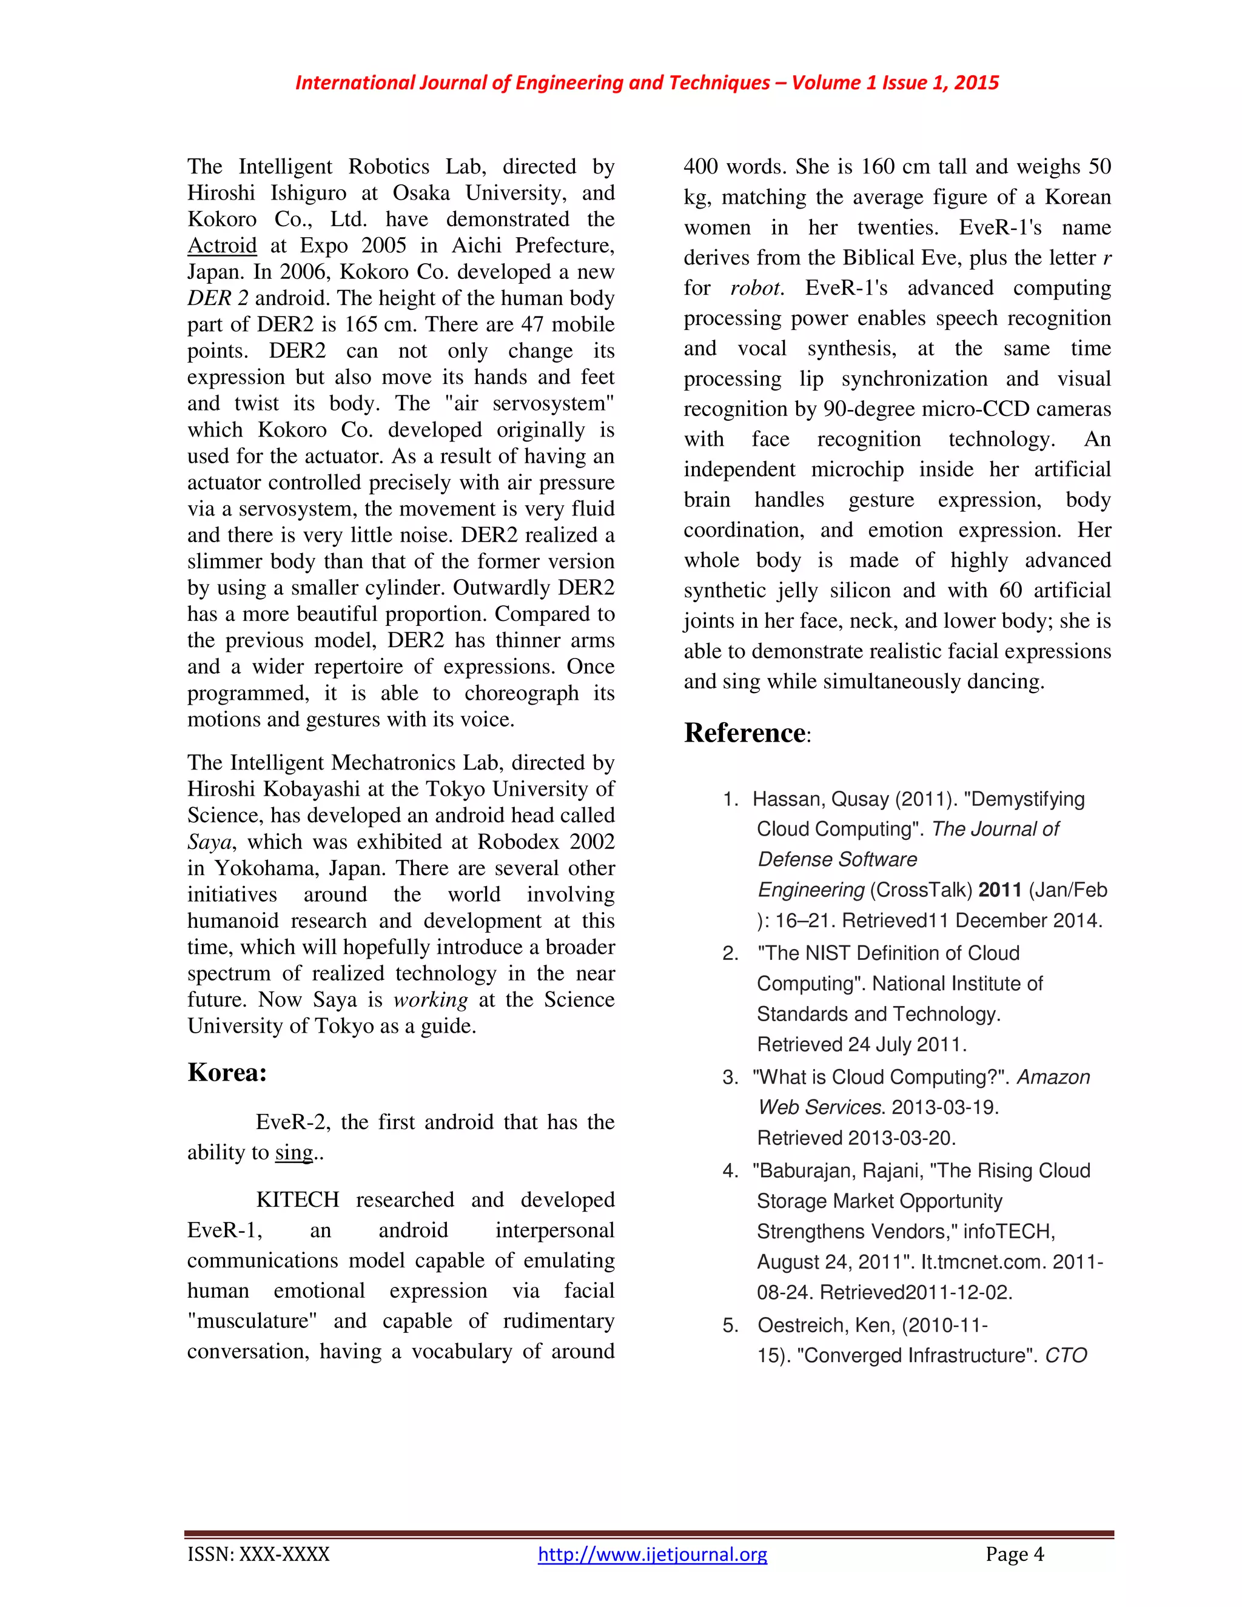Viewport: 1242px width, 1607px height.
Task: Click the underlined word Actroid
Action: tap(221, 245)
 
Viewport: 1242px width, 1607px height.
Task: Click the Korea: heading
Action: tap(227, 1072)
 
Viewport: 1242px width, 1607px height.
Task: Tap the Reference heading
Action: tap(745, 733)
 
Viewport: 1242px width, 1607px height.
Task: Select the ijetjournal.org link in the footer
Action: tap(652, 1554)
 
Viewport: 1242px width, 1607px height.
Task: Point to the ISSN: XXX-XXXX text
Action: tap(258, 1554)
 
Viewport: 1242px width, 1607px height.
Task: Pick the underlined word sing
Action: tap(294, 1152)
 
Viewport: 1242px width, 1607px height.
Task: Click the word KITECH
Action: tap(297, 1199)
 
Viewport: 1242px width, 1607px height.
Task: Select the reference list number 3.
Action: tap(730, 1077)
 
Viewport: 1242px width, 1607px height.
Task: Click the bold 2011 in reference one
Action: tap(999, 890)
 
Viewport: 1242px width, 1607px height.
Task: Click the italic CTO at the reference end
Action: tap(1066, 1355)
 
